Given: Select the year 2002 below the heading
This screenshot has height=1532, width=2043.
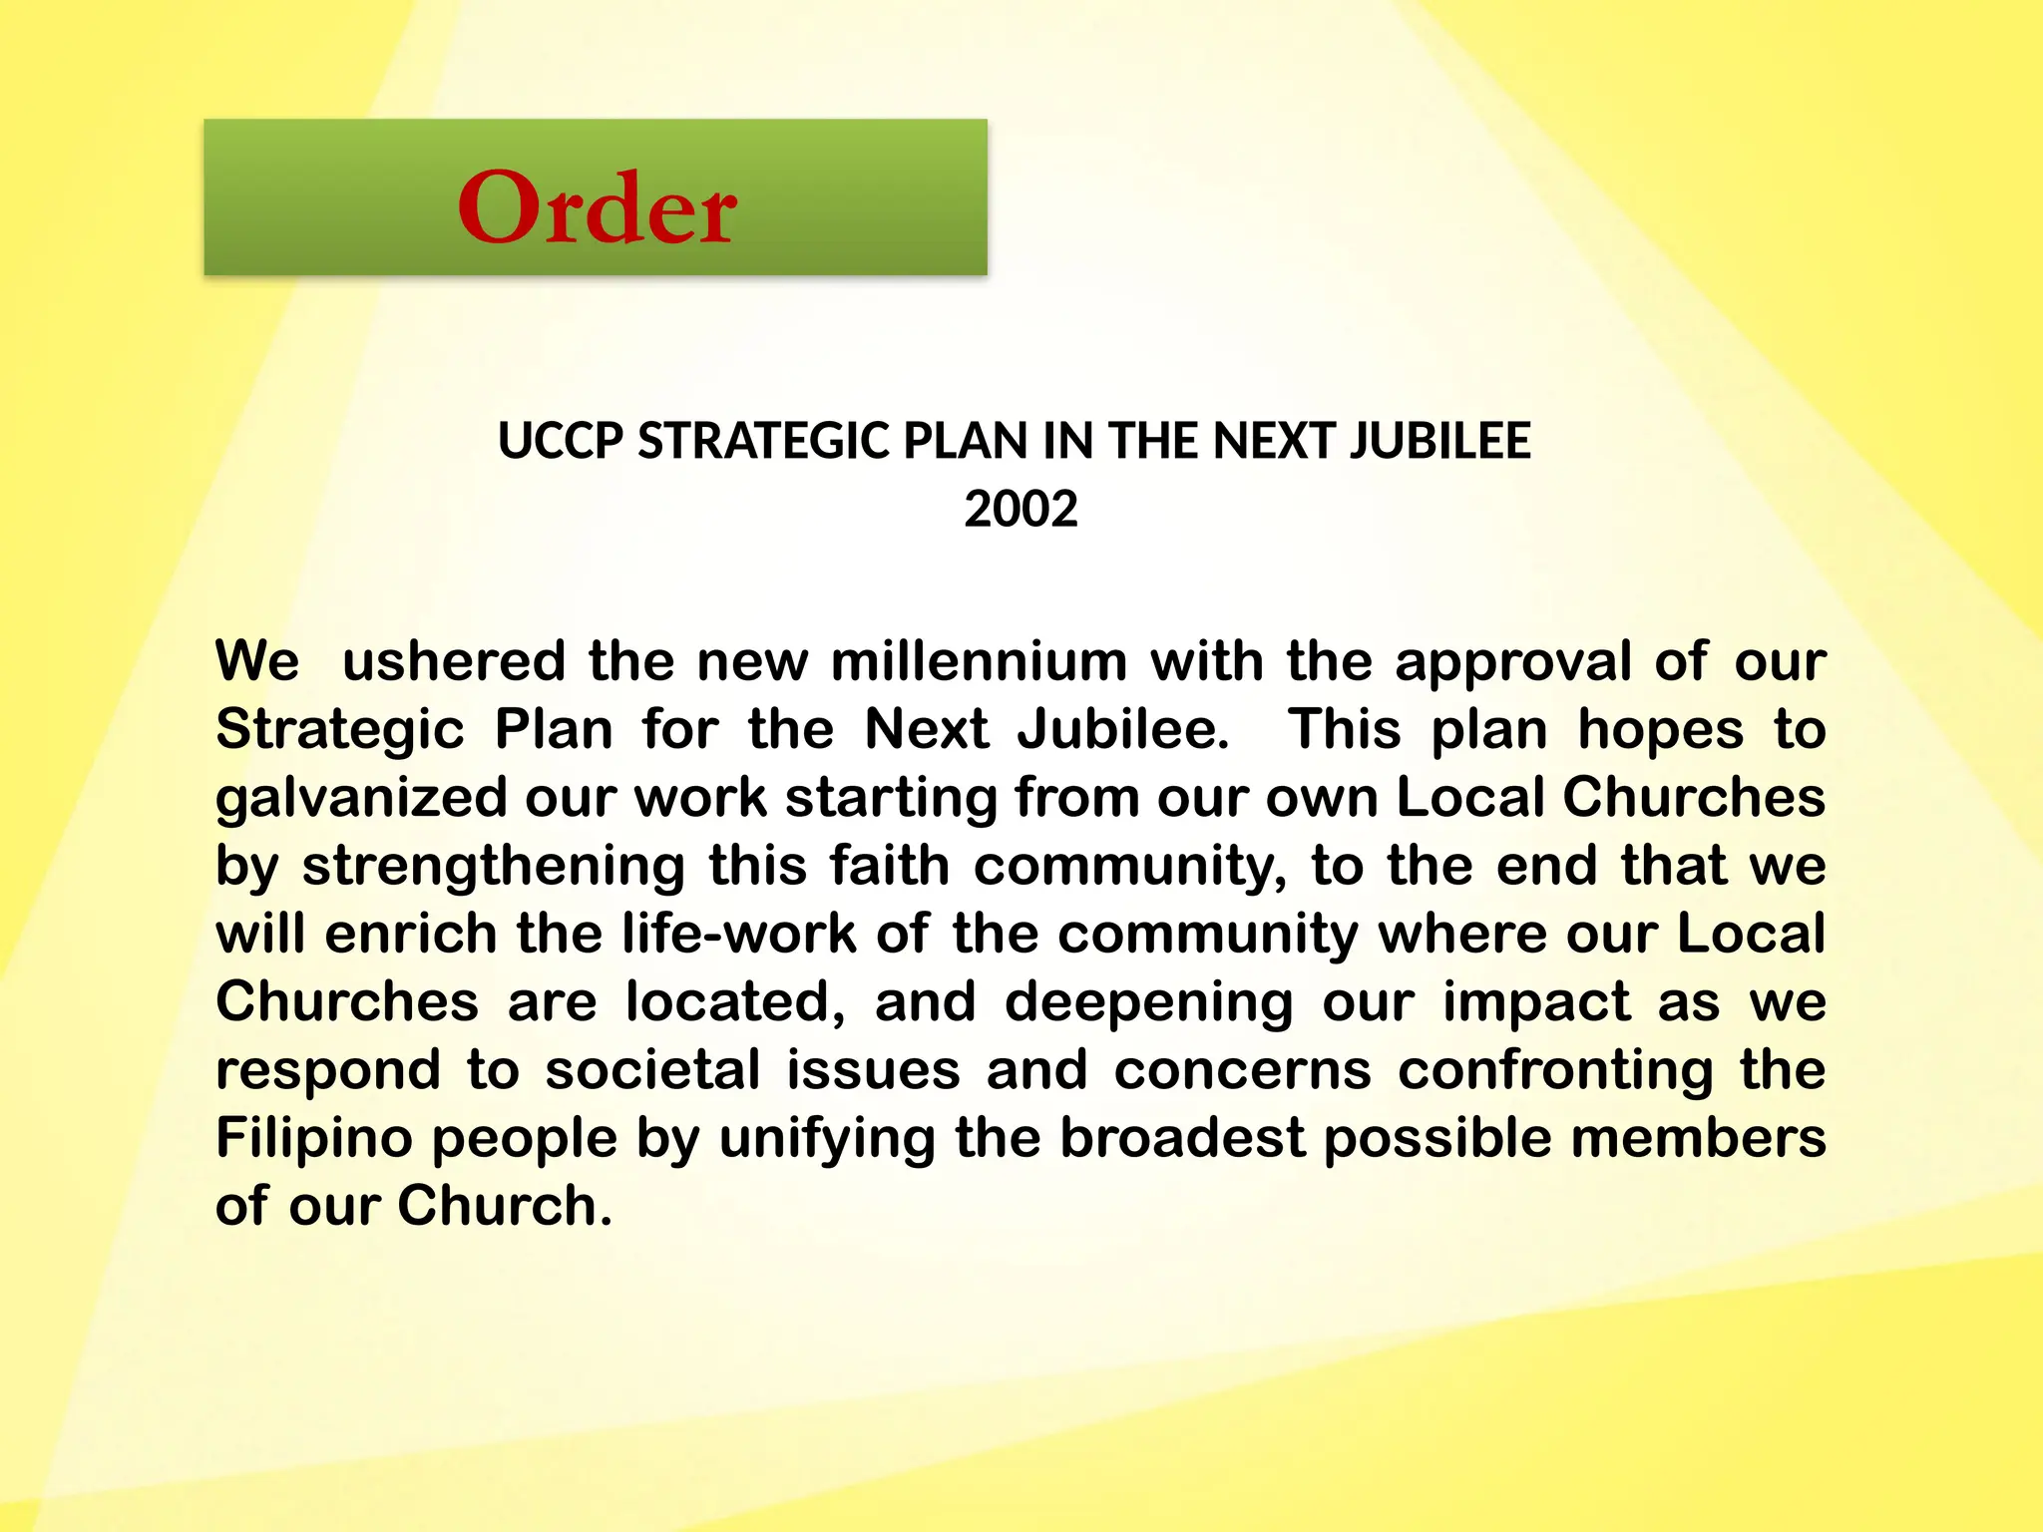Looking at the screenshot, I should pyautogui.click(x=1021, y=510).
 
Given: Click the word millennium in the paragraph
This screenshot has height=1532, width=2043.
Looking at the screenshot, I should pyautogui.click(x=979, y=661).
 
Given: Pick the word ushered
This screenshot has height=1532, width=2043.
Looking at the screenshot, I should pyautogui.click(x=454, y=661).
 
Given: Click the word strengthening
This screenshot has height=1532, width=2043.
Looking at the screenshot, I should pyautogui.click(x=494, y=866).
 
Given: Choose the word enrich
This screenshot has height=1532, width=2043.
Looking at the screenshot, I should pyautogui.click(x=411, y=935).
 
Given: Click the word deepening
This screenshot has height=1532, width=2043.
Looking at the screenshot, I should pyautogui.click(x=1149, y=1002).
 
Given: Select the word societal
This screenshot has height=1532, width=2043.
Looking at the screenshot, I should pyautogui.click(x=653, y=1070).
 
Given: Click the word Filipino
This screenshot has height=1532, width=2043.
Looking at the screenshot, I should pyautogui.click(x=314, y=1138).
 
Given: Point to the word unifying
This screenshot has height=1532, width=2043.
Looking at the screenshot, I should pyautogui.click(x=827, y=1138).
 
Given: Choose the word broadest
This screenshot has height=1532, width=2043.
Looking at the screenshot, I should pyautogui.click(x=1182, y=1138).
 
